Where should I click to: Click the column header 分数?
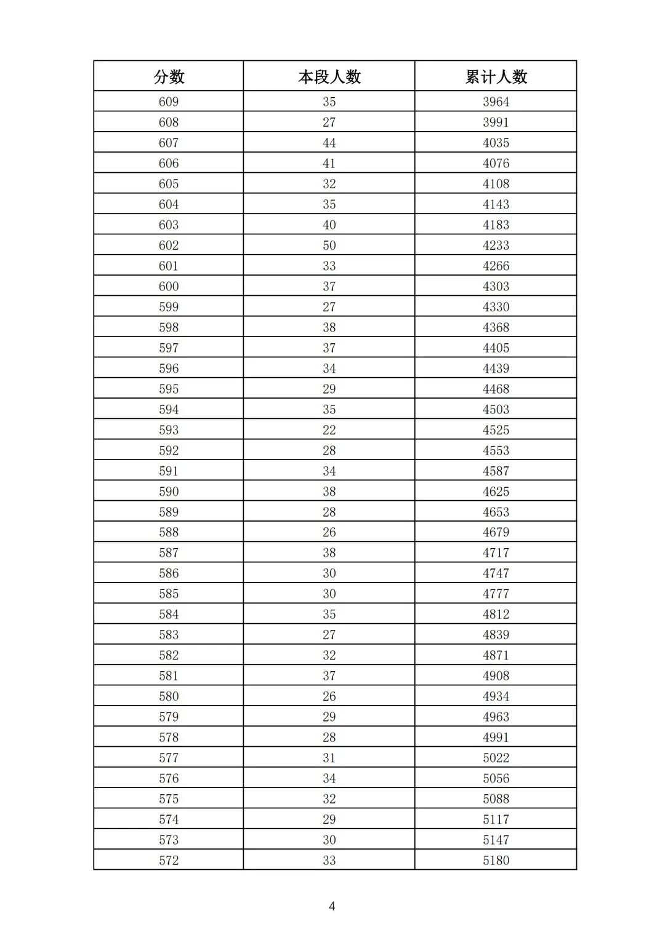(169, 76)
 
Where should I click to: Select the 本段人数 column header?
(329, 76)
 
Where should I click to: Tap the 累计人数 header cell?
(496, 76)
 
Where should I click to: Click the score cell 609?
(169, 102)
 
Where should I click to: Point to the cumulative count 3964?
(496, 102)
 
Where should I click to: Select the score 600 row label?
(169, 286)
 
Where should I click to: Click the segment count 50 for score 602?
(329, 245)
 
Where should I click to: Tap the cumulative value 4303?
(496, 286)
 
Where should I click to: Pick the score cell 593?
(169, 430)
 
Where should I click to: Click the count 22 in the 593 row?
(329, 430)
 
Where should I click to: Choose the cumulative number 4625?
(496, 492)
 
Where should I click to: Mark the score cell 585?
(169, 594)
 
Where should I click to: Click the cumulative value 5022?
(496, 758)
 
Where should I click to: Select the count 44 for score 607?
(329, 143)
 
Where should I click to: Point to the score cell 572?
(169, 860)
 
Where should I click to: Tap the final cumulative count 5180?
(496, 860)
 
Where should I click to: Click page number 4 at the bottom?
(332, 906)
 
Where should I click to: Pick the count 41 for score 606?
(329, 163)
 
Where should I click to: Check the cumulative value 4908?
(496, 675)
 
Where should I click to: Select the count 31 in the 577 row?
(329, 758)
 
